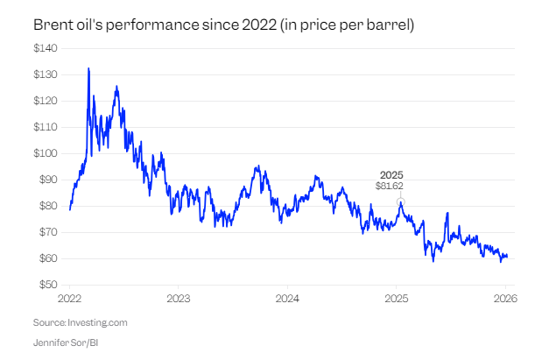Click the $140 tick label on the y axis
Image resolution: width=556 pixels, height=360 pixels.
(x=46, y=48)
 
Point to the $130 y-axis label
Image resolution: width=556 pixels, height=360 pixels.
(x=46, y=74)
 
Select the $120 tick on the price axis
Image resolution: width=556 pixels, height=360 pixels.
(x=46, y=101)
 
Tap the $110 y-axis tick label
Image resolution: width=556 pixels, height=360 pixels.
(x=46, y=127)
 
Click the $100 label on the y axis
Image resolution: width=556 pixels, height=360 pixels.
(x=46, y=153)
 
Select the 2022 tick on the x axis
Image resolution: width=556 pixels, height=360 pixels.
(x=69, y=299)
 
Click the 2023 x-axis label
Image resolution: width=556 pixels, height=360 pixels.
(x=178, y=299)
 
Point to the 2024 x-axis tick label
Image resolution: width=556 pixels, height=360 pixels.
(x=287, y=299)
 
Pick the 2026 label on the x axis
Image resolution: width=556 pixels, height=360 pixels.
(x=505, y=299)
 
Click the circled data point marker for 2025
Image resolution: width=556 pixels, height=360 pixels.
(x=400, y=201)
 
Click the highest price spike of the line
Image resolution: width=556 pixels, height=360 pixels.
(x=88, y=68)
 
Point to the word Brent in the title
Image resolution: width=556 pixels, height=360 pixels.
(x=50, y=25)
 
